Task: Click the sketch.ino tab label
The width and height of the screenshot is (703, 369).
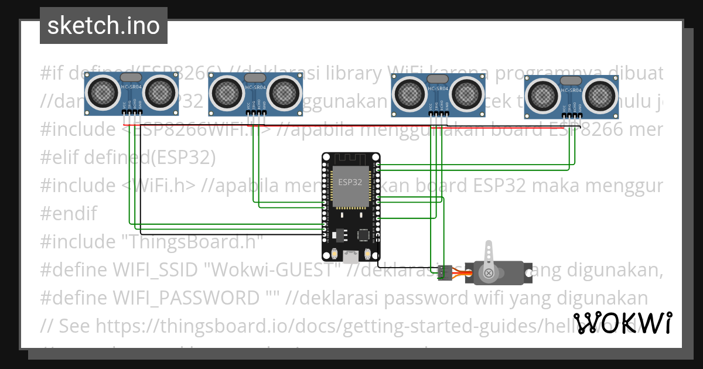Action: [x=103, y=26]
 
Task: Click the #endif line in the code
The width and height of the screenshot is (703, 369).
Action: [x=69, y=214]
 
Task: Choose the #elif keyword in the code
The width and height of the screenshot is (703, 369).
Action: [x=60, y=158]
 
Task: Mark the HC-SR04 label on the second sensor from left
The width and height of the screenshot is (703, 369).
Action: [x=255, y=88]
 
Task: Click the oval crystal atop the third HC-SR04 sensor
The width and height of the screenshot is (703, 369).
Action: [x=437, y=78]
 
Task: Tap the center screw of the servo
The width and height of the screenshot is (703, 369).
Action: [x=487, y=273]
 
